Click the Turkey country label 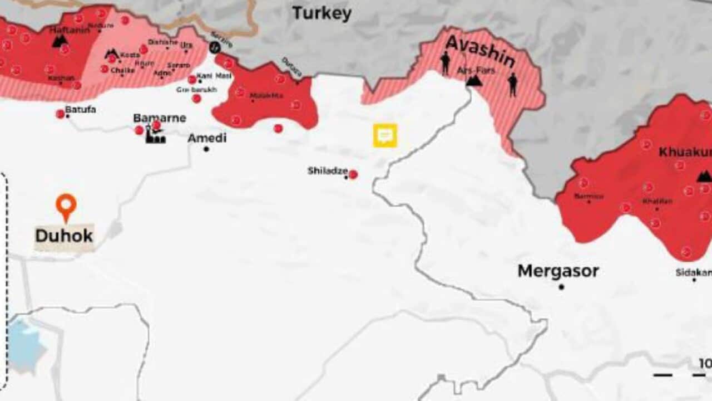click(x=322, y=13)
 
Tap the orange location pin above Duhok click(x=66, y=207)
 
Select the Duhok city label click(x=64, y=236)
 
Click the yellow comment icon click(x=385, y=135)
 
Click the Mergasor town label click(x=558, y=271)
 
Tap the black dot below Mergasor click(x=561, y=287)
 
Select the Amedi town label click(x=207, y=138)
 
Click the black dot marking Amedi click(x=206, y=149)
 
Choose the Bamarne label click(x=159, y=118)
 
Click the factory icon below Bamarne click(x=155, y=135)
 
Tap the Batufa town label click(x=81, y=110)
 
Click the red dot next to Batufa click(x=60, y=114)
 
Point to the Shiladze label click(x=328, y=170)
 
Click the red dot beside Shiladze click(x=353, y=174)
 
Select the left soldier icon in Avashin click(x=446, y=63)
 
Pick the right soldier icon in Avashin click(x=512, y=84)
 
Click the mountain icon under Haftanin click(x=60, y=41)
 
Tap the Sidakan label click(x=693, y=272)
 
